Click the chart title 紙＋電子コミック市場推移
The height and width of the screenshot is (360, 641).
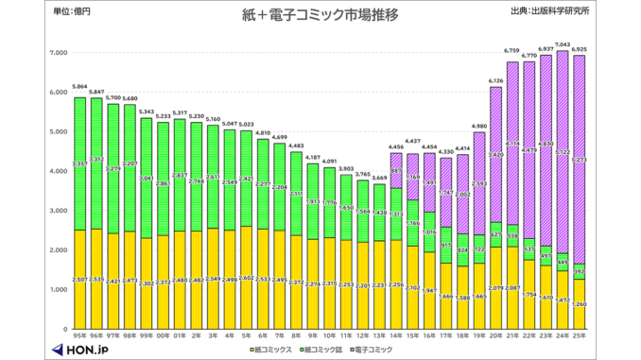[320, 15]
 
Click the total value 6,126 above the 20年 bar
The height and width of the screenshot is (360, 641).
[495, 80]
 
